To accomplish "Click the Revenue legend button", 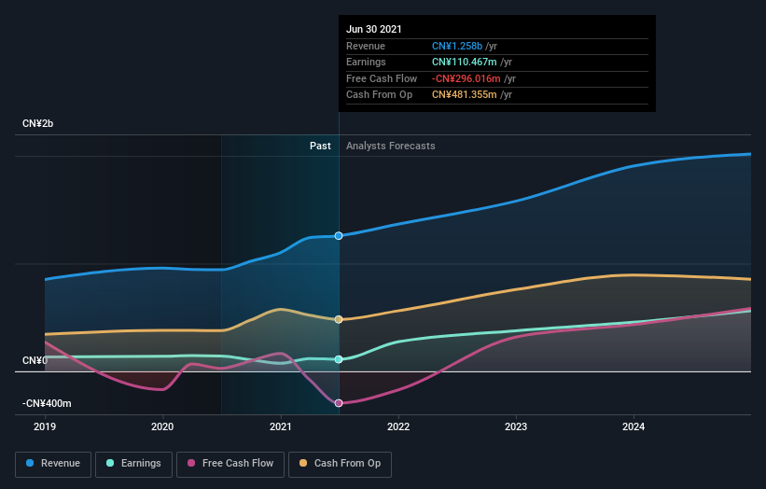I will (53, 463).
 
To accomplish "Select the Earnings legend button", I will (133, 463).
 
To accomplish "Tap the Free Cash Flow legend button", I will (230, 463).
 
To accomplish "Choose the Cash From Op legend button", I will (341, 463).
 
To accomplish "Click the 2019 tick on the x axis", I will (45, 426).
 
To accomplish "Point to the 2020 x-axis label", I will (162, 426).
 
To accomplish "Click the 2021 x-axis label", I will (281, 426).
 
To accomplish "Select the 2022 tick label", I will (398, 426).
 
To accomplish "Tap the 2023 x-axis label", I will (516, 426).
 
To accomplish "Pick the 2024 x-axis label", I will (634, 426).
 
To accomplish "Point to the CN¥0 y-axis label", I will (35, 360).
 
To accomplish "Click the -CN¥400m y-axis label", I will (47, 403).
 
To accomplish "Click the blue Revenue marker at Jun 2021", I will (339, 235).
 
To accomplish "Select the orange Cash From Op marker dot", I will (339, 319).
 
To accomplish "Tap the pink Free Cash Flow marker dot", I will (339, 403).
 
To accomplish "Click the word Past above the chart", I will (320, 146).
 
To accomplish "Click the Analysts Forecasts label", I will (390, 146).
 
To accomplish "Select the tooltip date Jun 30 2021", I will (374, 29).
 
